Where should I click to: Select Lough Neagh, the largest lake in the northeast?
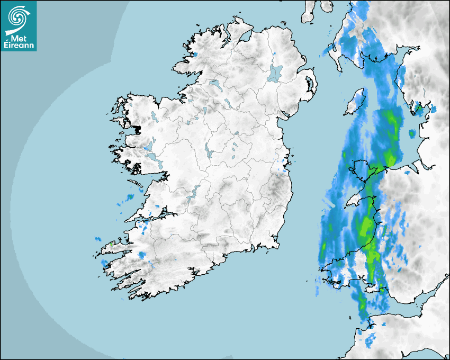(x=275, y=73)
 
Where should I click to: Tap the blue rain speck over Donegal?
(x=195, y=54)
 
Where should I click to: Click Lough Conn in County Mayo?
(x=154, y=115)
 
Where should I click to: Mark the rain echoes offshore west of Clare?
(x=129, y=199)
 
